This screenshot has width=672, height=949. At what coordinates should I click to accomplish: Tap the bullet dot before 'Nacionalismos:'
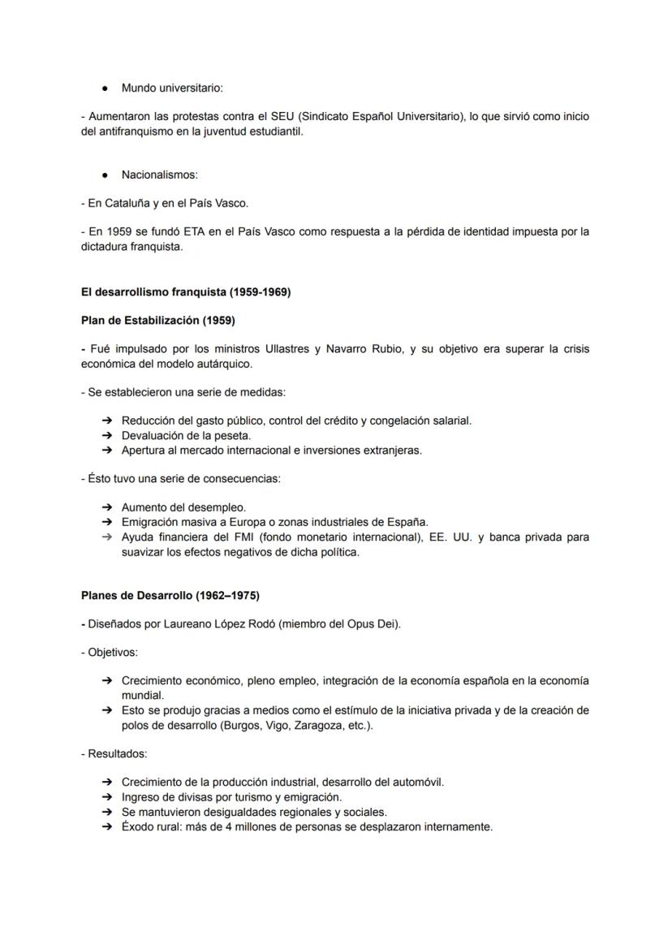point(106,175)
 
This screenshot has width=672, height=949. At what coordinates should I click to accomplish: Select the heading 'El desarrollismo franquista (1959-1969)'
point(186,292)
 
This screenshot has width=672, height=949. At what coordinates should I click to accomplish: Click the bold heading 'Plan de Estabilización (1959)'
point(158,321)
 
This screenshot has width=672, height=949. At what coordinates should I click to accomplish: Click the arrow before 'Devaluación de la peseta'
point(106,436)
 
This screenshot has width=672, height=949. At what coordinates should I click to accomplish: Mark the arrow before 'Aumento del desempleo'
point(106,507)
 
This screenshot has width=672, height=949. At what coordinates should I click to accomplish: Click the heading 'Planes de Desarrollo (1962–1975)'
point(170,595)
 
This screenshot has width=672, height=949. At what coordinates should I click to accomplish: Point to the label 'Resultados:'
point(114,753)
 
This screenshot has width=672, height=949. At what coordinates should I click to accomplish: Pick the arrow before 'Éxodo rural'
point(106,827)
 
